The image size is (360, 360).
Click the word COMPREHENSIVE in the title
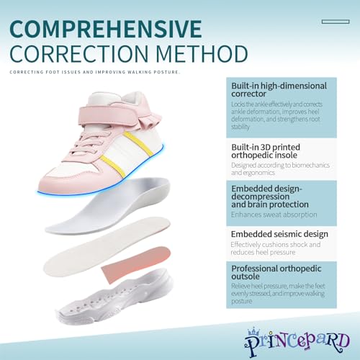tap(106, 29)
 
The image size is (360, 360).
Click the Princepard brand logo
tap(297, 342)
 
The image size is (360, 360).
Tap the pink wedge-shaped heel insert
tap(136, 264)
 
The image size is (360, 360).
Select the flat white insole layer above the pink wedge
tap(107, 247)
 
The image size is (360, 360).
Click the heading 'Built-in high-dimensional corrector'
tap(279, 90)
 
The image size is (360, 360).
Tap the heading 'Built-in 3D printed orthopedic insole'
tap(266, 151)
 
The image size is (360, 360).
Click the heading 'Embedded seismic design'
tap(279, 234)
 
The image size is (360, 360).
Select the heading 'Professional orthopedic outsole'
tap(276, 272)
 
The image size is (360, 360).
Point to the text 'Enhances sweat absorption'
tap(274, 215)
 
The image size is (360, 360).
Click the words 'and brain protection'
tap(270, 204)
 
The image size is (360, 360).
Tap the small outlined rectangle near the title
tap(336, 22)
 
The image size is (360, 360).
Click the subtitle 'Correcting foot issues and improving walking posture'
tap(94, 72)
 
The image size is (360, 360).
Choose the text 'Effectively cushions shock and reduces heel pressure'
tap(276, 248)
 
